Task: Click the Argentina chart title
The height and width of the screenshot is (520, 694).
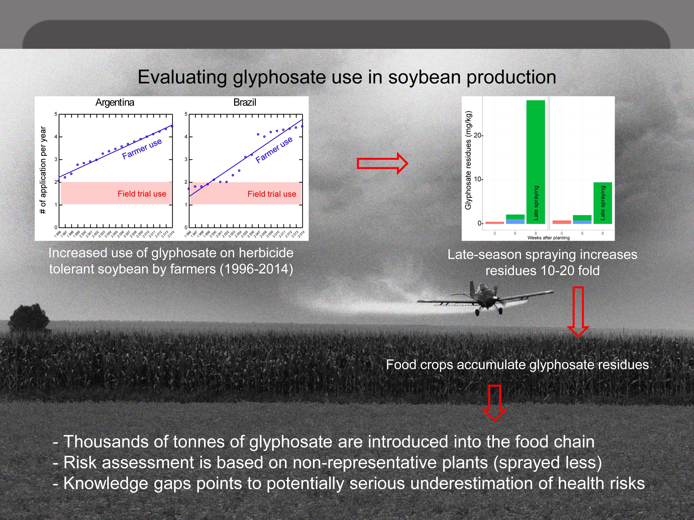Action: tap(115, 102)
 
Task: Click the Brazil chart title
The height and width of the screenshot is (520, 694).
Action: tap(245, 102)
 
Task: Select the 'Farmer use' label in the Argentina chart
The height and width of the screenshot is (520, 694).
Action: tap(142, 149)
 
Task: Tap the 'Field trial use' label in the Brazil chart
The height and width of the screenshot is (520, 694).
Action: tap(272, 194)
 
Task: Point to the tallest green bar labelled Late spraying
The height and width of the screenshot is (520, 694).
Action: tap(536, 162)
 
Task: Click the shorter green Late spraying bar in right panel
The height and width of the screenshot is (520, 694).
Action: tap(603, 203)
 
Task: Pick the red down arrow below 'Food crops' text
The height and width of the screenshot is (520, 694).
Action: tap(494, 403)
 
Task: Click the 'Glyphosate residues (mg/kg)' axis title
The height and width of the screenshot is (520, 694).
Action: tap(468, 160)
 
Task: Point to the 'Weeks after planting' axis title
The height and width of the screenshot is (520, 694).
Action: tap(548, 238)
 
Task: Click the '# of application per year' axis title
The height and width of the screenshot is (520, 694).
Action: tap(43, 170)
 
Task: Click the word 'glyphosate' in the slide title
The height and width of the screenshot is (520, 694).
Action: tap(279, 77)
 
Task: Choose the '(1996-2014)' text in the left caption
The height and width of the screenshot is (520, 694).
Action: tap(256, 269)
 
